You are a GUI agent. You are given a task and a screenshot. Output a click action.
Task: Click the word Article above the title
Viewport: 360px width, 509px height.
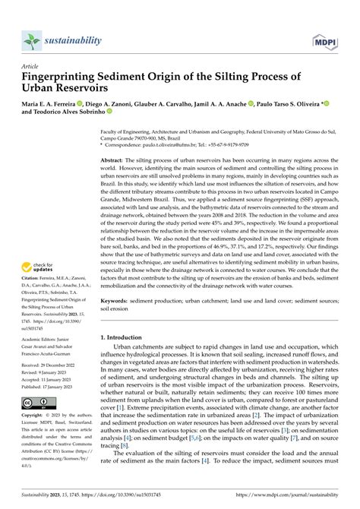pyautogui.click(x=31, y=66)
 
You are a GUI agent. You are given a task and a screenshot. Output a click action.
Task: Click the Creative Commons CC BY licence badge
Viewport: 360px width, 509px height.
pyautogui.click(x=36, y=422)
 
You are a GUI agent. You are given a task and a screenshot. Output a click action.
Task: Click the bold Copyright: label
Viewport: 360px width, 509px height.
pyautogui.click(x=36, y=438)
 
